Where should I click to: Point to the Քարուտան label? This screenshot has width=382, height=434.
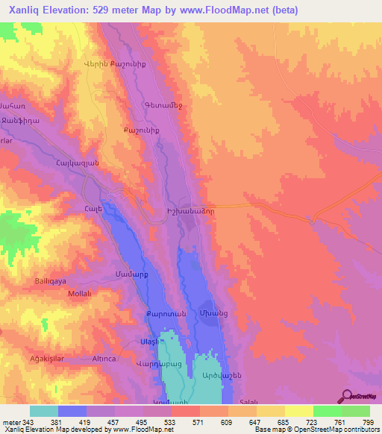(x=140, y=312)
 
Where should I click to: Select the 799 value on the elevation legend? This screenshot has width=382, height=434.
(x=367, y=421)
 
